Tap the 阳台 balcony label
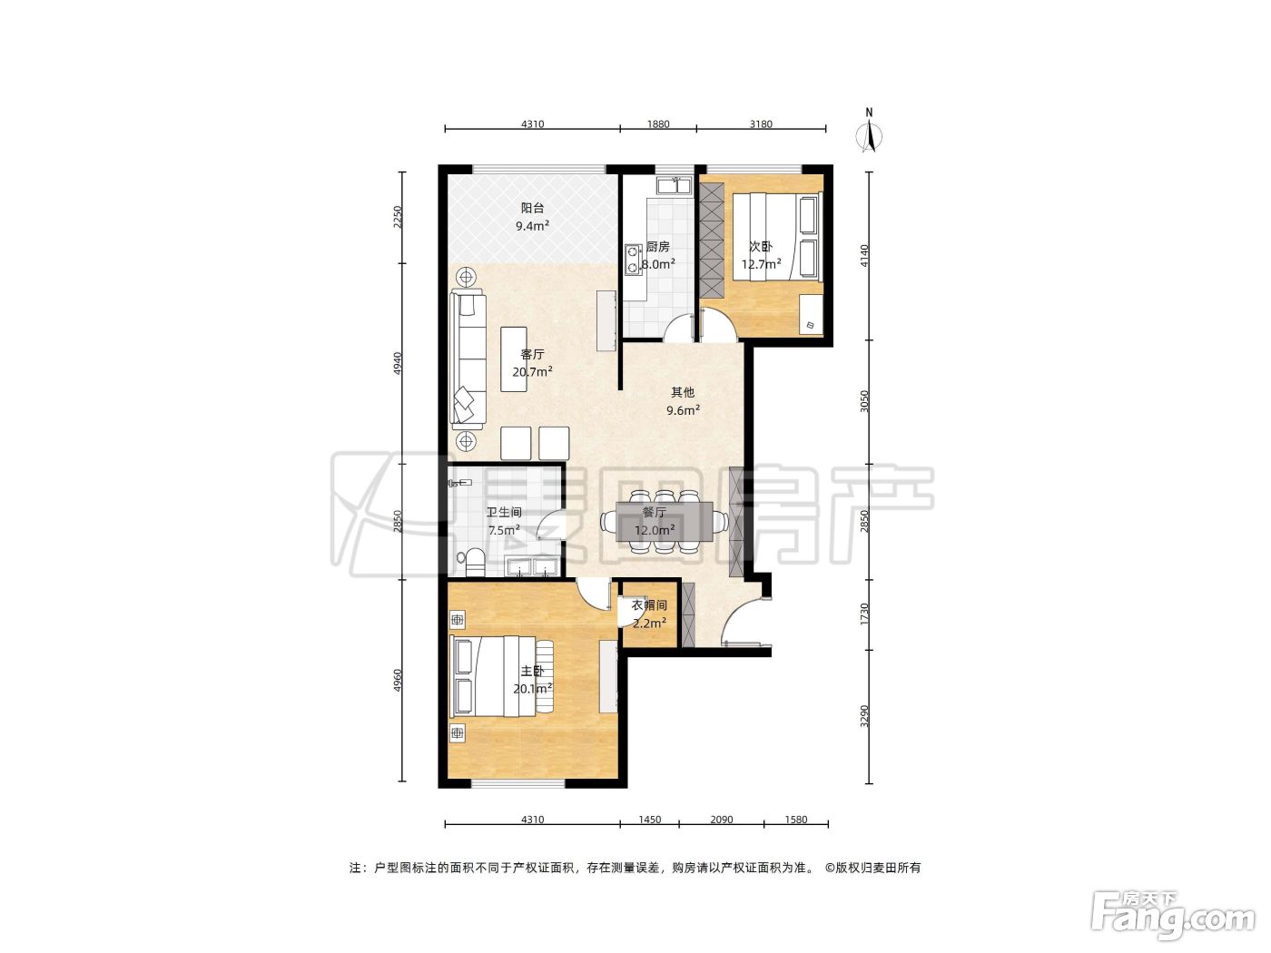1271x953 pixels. (532, 208)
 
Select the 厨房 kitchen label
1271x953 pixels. (658, 247)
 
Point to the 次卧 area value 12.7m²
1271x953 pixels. (761, 264)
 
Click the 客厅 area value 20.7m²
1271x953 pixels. (532, 371)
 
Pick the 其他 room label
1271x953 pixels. (682, 392)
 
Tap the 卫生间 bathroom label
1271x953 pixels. (503, 512)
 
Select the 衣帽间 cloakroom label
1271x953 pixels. (648, 605)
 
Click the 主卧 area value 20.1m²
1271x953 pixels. (532, 689)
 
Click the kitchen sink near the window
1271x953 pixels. (674, 186)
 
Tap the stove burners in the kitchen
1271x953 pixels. (632, 260)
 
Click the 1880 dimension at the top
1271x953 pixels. (658, 123)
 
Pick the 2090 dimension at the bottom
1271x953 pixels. (722, 820)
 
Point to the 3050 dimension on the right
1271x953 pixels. (864, 401)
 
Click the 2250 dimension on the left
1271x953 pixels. (398, 217)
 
